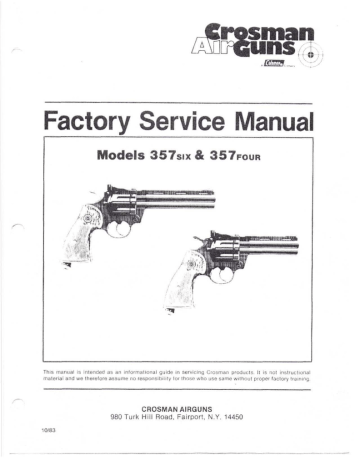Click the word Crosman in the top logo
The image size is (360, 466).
(262, 31)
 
